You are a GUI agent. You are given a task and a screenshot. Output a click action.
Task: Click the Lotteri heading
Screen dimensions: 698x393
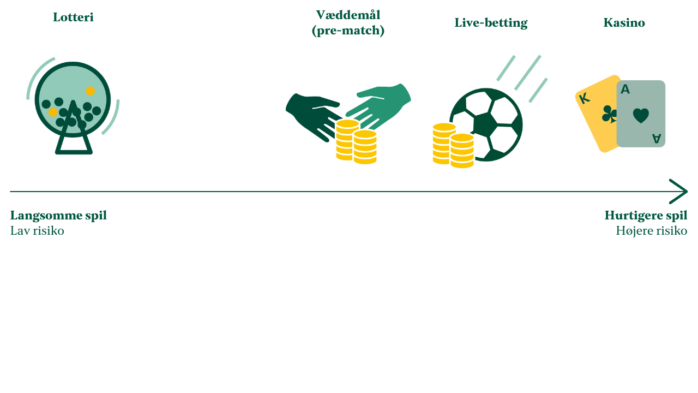[73, 17]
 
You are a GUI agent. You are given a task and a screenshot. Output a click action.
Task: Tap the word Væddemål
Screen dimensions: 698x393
[348, 15]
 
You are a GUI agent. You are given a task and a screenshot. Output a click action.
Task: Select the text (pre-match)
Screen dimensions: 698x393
[348, 31]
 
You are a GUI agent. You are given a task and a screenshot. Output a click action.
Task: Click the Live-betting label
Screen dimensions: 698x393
[491, 23]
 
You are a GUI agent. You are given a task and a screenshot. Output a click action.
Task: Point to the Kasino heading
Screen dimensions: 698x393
[624, 22]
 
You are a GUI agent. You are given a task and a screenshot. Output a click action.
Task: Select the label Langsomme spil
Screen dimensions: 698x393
[58, 216]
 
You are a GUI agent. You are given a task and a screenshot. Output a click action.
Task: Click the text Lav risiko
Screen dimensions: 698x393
[37, 231]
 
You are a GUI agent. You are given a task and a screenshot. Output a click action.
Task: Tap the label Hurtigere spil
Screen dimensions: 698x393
[646, 216]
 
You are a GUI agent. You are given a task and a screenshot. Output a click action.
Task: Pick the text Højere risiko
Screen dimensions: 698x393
[652, 231]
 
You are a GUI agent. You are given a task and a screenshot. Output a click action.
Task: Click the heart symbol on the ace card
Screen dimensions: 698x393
[641, 116]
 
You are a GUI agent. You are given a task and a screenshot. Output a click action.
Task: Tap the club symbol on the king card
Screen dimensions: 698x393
[609, 115]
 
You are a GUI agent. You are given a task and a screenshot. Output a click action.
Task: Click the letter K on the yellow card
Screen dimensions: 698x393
[585, 99]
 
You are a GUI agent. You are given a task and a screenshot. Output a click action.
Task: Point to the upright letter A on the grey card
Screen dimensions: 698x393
[625, 89]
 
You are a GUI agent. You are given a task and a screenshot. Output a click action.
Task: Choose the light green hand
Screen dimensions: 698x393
[378, 106]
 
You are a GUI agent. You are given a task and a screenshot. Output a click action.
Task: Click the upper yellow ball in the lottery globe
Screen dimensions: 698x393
[91, 91]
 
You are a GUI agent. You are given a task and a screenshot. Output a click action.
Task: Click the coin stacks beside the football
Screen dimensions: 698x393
[453, 146]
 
